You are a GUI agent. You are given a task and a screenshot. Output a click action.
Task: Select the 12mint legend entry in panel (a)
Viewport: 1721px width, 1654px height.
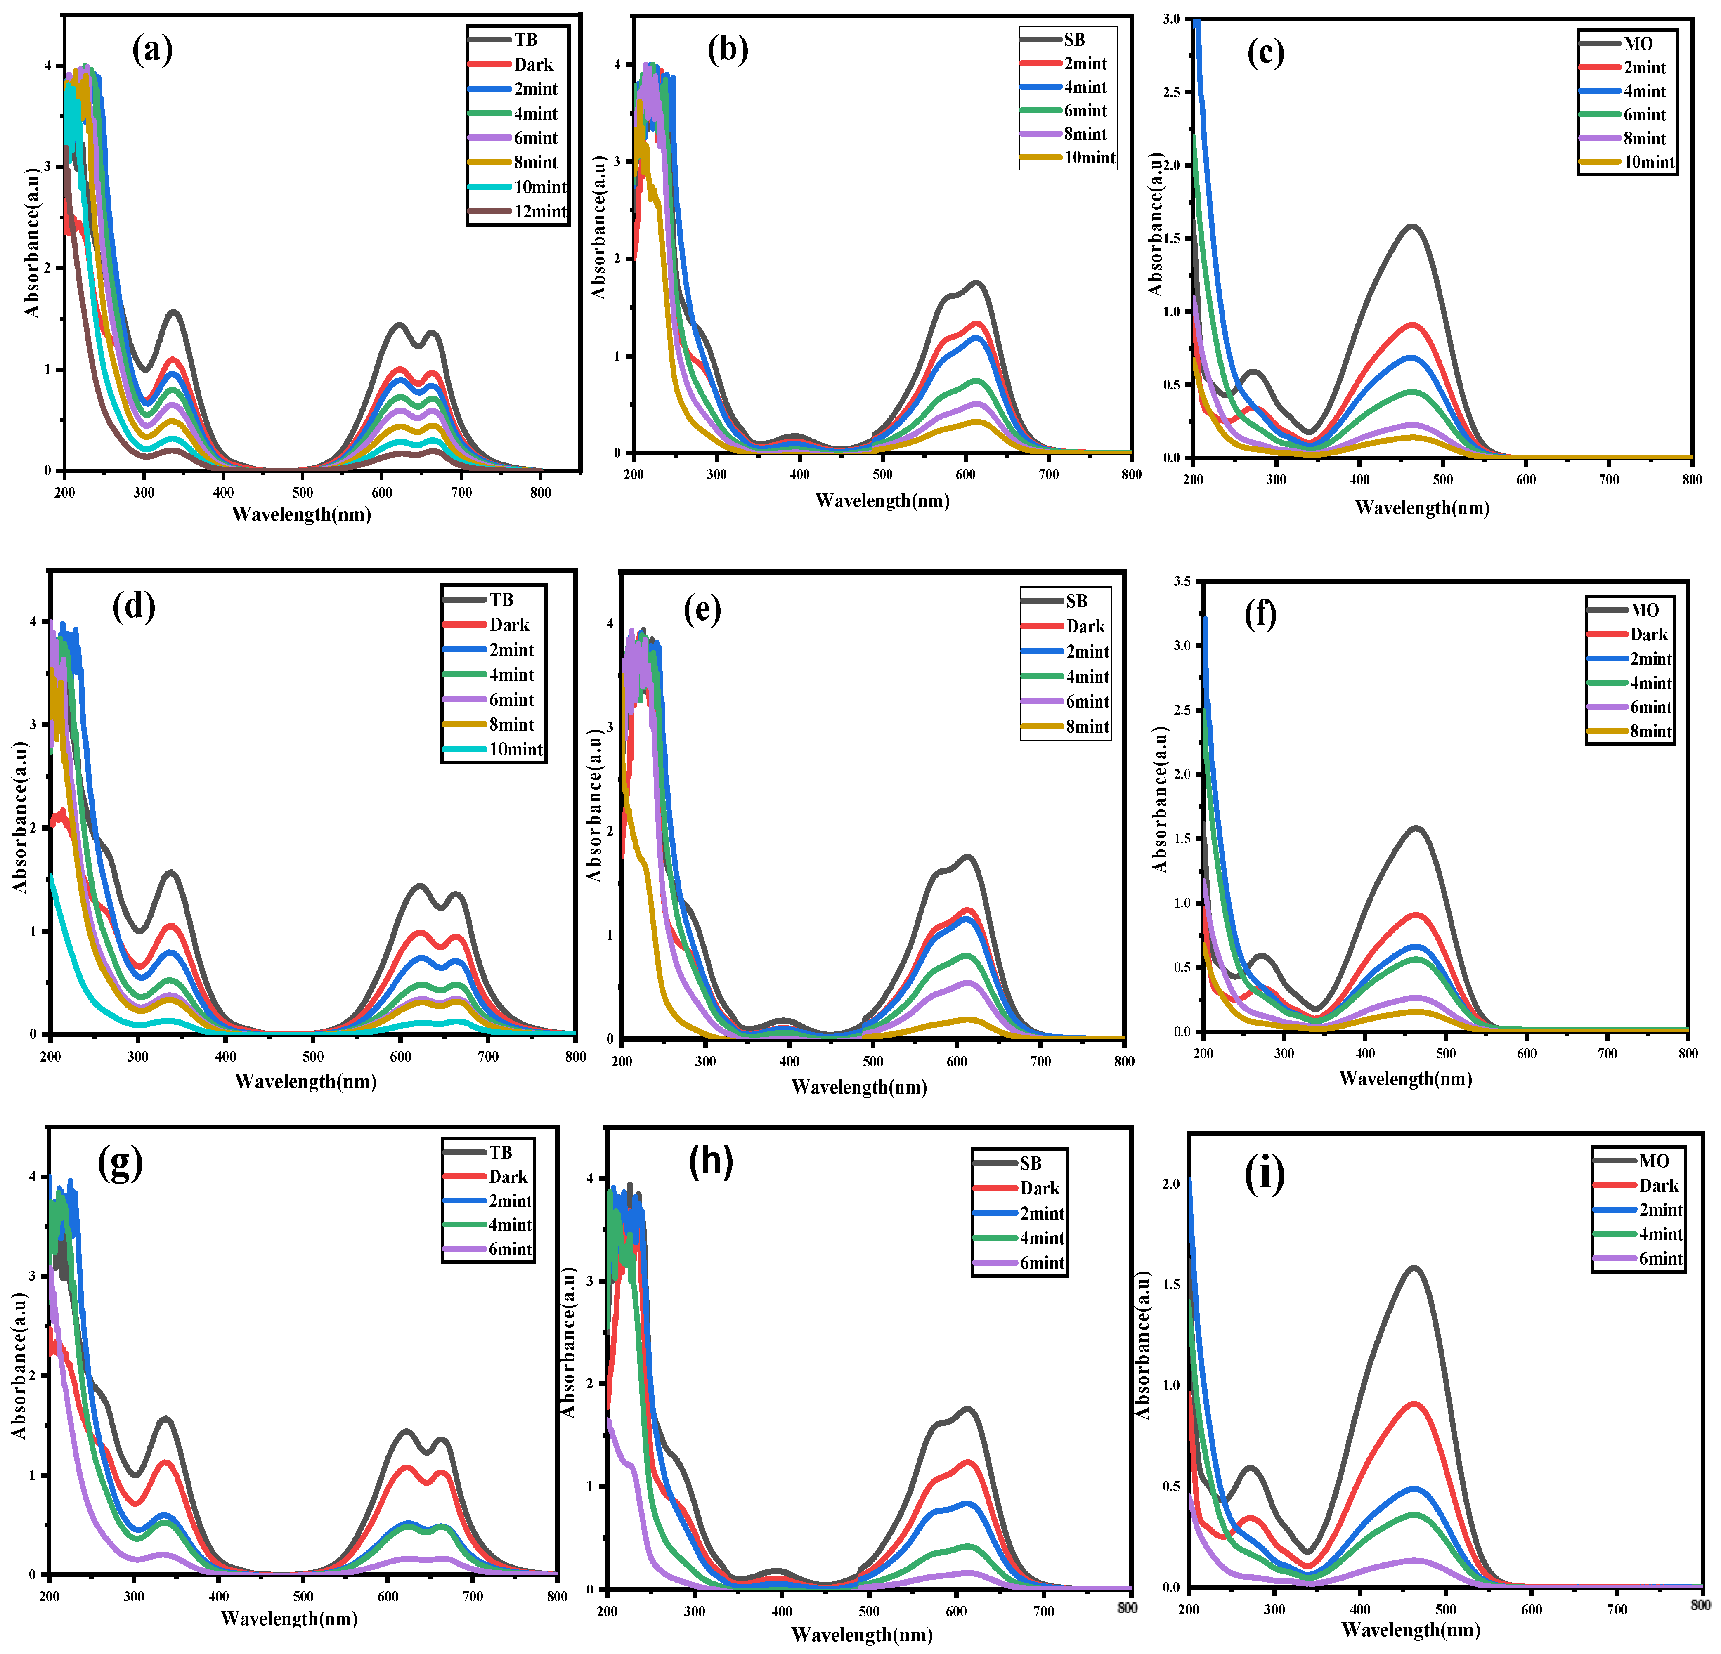click(x=518, y=212)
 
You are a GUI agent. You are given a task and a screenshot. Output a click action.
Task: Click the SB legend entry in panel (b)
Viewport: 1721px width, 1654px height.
click(x=1054, y=40)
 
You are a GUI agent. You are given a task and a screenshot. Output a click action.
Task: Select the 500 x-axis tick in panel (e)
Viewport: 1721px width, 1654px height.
click(x=873, y=1062)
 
